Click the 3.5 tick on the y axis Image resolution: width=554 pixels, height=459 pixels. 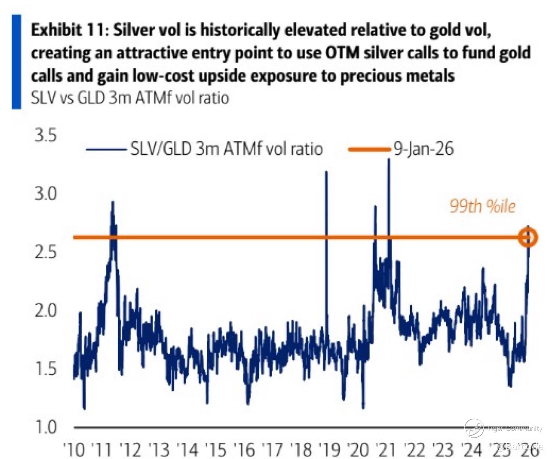[46, 136]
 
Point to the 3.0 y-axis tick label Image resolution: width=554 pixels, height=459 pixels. [46, 194]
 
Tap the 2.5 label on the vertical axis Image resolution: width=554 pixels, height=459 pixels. [46, 252]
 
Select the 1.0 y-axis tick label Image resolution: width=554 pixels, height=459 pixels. [46, 427]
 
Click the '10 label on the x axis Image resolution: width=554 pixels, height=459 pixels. [74, 449]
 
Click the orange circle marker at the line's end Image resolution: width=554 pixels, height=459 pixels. [528, 238]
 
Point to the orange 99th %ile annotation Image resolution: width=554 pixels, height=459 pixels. [482, 206]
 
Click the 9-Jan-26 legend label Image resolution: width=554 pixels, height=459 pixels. [423, 149]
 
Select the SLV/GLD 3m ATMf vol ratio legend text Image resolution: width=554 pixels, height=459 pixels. [226, 149]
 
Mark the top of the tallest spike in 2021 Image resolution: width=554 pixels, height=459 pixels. [389, 160]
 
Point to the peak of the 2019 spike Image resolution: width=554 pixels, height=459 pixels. [326, 172]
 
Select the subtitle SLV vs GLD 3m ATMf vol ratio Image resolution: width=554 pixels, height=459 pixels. [130, 98]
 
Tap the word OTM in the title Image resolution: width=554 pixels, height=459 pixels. [342, 53]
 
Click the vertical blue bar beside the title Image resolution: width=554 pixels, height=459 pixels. [16, 62]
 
